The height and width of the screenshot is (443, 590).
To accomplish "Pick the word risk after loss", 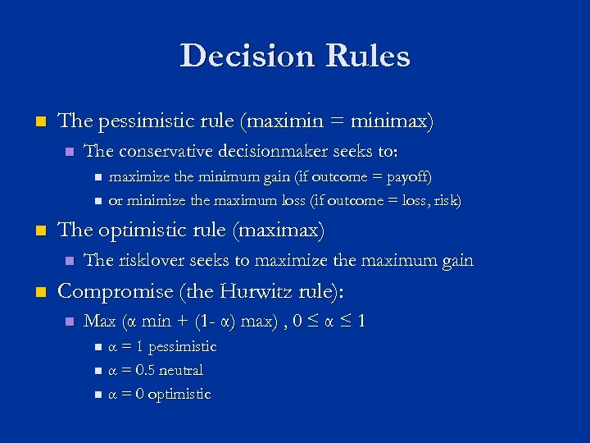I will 444,200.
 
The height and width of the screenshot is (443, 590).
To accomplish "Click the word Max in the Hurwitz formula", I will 100,321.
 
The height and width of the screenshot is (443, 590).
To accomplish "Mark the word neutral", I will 180,370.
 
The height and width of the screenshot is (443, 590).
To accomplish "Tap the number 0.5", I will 141,370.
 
